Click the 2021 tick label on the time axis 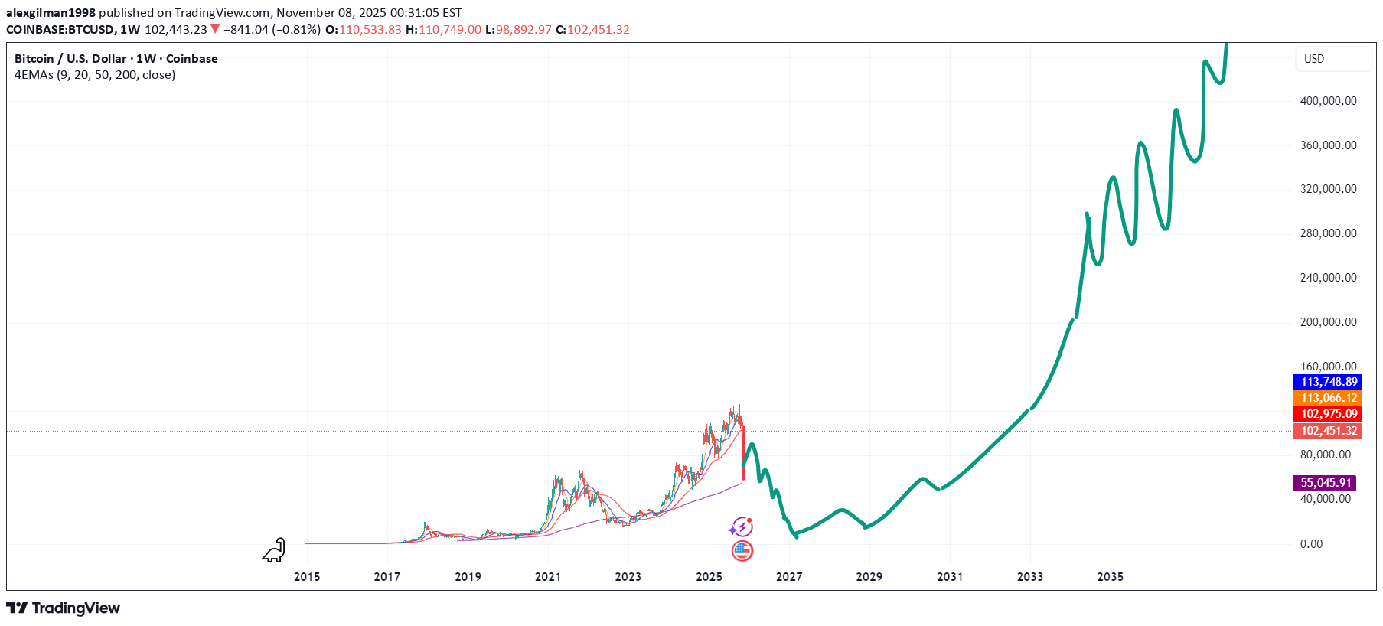(x=547, y=576)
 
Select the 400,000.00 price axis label (x=1328, y=101)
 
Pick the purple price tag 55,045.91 (x=1325, y=483)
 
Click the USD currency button (x=1314, y=59)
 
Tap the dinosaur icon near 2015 (x=274, y=550)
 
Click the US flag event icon (x=742, y=550)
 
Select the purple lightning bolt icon (x=741, y=527)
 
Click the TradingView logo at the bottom (x=64, y=608)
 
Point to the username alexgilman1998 (x=51, y=13)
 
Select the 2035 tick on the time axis (x=1110, y=576)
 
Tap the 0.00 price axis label (x=1311, y=544)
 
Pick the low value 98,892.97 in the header (x=524, y=30)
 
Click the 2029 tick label (x=869, y=576)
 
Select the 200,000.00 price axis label (x=1328, y=322)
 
